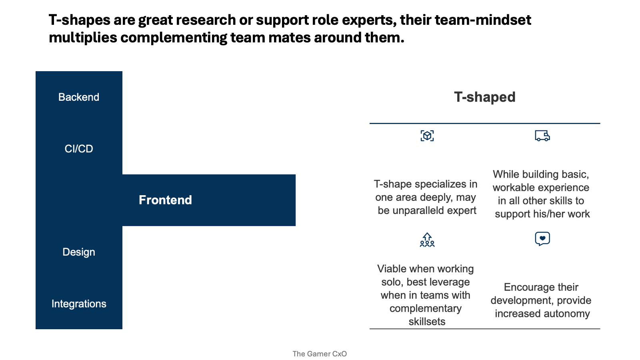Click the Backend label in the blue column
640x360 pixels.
click(78, 97)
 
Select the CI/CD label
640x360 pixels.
click(78, 148)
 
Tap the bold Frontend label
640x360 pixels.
click(165, 200)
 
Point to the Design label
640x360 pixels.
click(78, 252)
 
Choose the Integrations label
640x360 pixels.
click(79, 304)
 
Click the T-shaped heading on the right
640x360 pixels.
click(485, 97)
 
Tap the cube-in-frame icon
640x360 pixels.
click(427, 136)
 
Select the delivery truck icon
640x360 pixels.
click(542, 136)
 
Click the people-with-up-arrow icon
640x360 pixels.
click(427, 240)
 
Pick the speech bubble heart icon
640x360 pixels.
click(542, 238)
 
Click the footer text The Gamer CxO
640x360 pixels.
click(320, 354)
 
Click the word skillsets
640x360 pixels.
click(427, 322)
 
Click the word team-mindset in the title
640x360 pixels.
click(483, 20)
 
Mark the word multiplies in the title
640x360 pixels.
click(83, 38)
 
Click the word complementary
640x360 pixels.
click(426, 309)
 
